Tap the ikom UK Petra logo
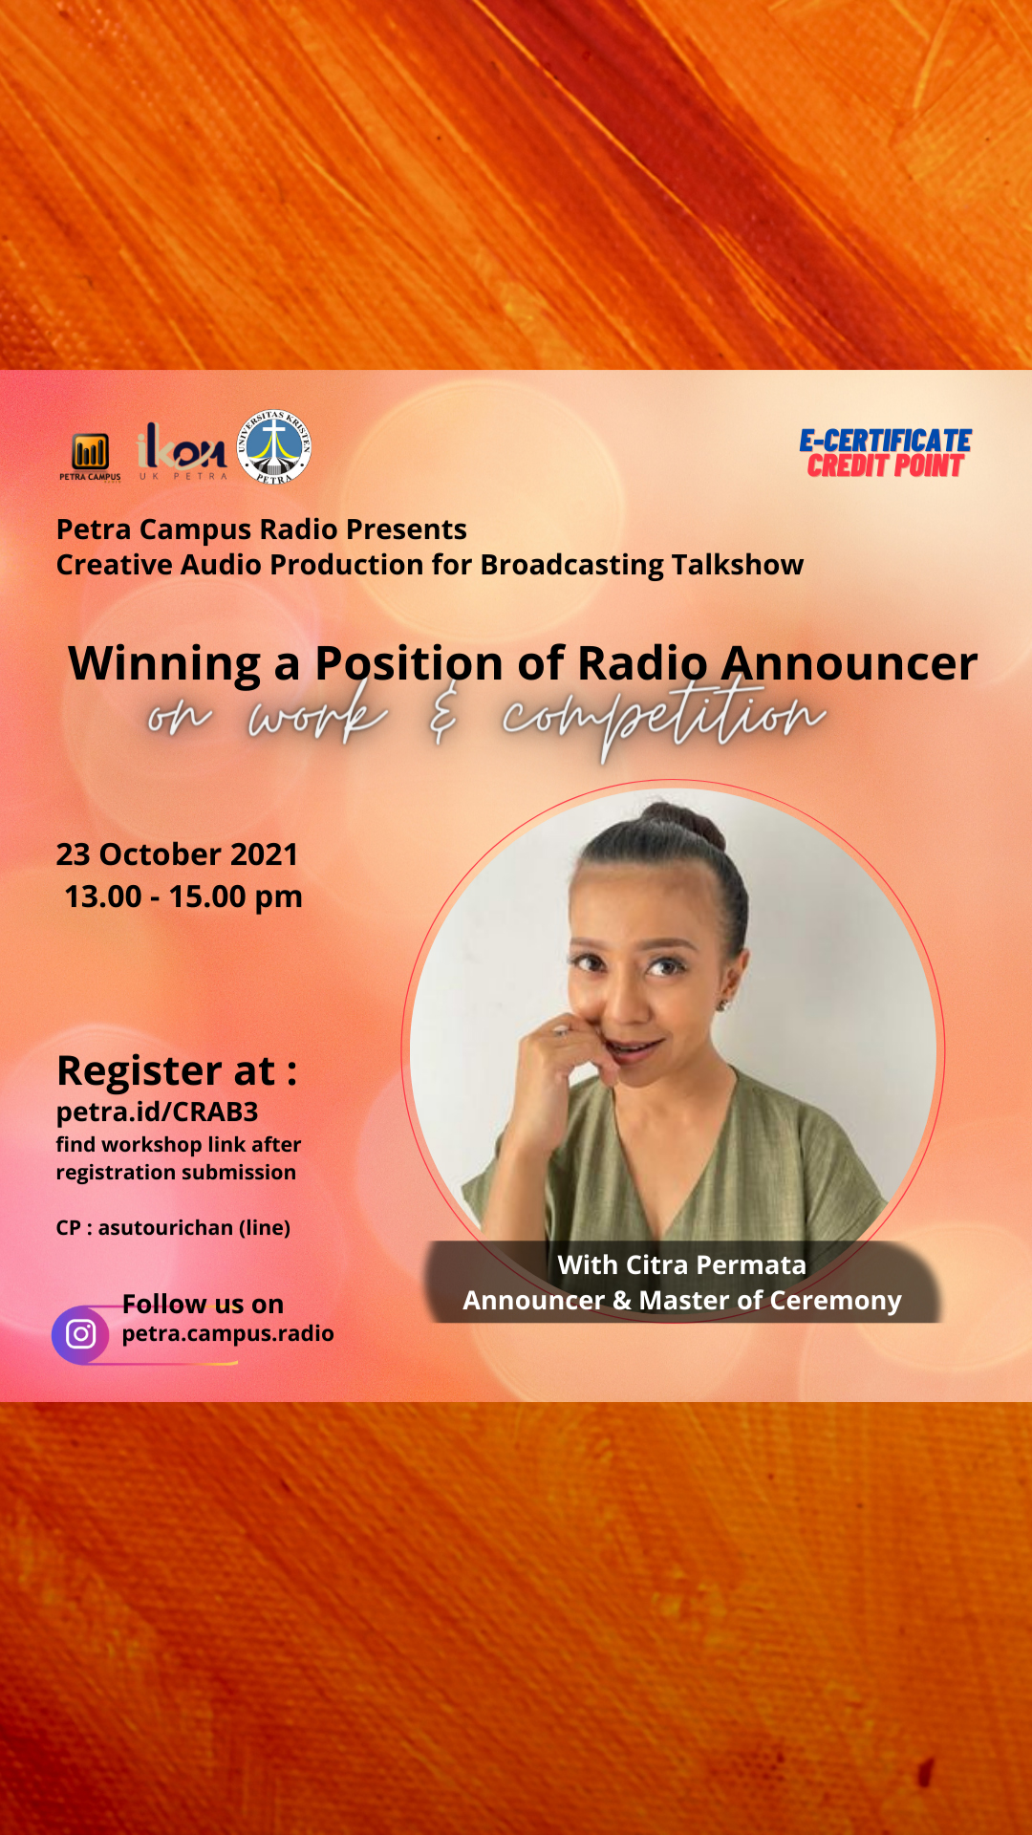(183, 450)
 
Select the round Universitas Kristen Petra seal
(274, 446)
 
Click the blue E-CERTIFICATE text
(886, 441)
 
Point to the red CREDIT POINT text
(886, 465)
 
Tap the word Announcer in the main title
(849, 663)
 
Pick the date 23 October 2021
(177, 853)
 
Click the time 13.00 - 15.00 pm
(183, 896)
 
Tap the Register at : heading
(177, 1071)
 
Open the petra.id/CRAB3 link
(157, 1112)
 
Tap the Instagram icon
(80, 1333)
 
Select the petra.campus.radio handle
(227, 1333)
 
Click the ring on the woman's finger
(562, 1030)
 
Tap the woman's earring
(725, 1003)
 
